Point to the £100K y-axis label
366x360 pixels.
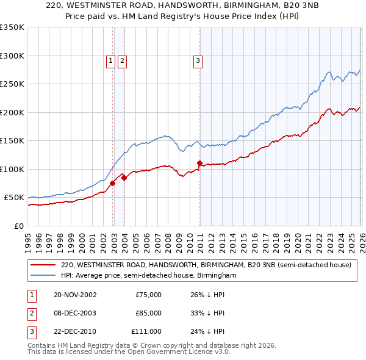(x=12, y=169)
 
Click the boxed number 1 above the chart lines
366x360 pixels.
(x=110, y=60)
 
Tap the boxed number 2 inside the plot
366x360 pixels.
(x=122, y=60)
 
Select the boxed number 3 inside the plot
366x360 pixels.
(x=198, y=60)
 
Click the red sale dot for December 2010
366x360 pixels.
(x=199, y=163)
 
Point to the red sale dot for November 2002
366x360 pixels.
(x=113, y=183)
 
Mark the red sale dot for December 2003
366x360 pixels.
(x=124, y=178)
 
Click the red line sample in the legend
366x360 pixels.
(x=43, y=265)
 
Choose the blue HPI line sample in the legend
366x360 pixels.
(x=43, y=276)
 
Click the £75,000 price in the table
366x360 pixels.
(x=148, y=295)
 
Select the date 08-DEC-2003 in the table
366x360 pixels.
(x=75, y=313)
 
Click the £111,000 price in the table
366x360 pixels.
(x=146, y=331)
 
